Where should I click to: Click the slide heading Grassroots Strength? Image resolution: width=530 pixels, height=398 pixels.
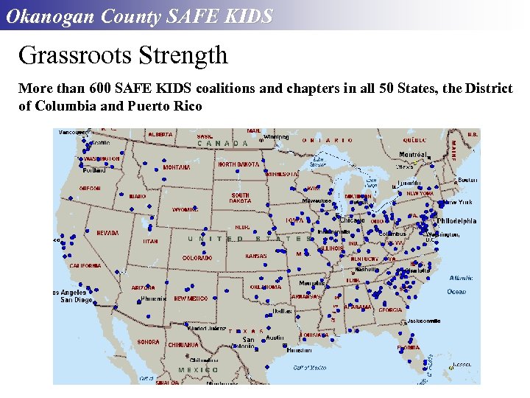(x=123, y=55)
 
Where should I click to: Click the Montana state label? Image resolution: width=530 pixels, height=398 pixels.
(x=177, y=167)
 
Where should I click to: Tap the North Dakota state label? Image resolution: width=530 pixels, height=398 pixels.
(x=238, y=164)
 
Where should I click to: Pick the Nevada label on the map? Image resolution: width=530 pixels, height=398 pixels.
(x=107, y=233)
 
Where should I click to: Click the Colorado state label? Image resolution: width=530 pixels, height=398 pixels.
(x=197, y=258)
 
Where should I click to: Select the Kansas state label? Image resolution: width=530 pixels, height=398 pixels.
(x=256, y=256)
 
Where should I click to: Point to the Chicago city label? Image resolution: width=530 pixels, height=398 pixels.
(x=352, y=220)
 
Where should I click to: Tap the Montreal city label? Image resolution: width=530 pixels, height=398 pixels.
(x=414, y=154)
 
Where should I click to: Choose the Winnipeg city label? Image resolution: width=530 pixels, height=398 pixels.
(x=276, y=136)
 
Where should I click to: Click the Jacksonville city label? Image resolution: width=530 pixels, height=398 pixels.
(x=423, y=321)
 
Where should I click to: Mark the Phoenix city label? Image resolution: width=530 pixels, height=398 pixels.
(x=153, y=299)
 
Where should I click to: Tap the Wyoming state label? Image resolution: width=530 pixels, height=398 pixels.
(x=185, y=209)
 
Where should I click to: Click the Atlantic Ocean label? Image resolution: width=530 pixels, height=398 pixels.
(x=461, y=284)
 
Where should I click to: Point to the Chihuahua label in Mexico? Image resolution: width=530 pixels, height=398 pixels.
(x=183, y=344)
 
